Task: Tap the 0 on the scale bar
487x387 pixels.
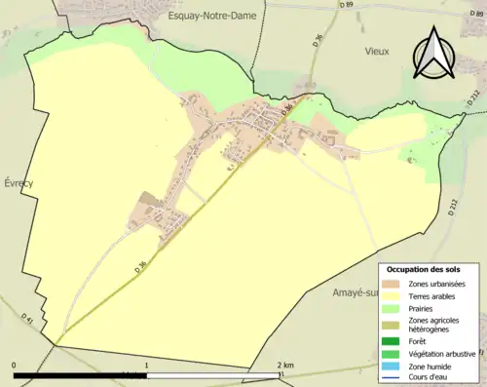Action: [x=15, y=365]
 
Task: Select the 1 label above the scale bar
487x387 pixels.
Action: [x=146, y=365]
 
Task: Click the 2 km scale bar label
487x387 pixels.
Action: [x=285, y=365]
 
